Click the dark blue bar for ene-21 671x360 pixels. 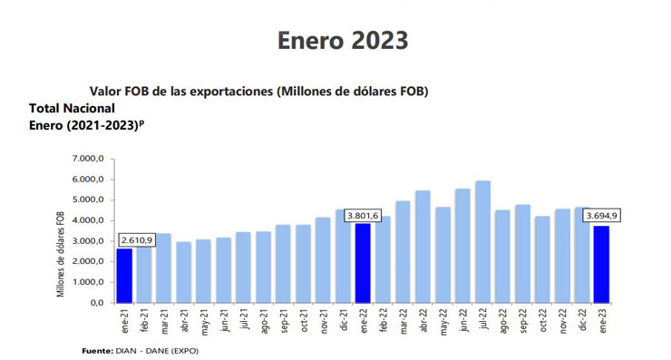[124, 275]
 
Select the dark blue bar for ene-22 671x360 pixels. [363, 263]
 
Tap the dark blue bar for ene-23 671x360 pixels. [601, 264]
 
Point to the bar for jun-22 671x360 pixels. [462, 245]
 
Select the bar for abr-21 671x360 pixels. [184, 272]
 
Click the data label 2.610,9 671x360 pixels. [136, 239]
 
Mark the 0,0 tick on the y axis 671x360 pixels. [98, 302]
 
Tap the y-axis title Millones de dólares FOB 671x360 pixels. [61, 252]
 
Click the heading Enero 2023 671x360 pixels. [342, 41]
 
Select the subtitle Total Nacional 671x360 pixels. [73, 107]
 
